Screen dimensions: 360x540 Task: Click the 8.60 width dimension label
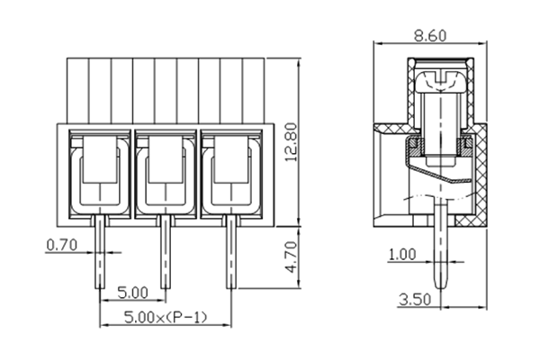click(x=433, y=34)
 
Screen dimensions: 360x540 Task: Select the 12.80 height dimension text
click(x=289, y=141)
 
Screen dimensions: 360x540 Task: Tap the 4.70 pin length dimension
click(x=289, y=256)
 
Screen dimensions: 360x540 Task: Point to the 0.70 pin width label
click(x=60, y=244)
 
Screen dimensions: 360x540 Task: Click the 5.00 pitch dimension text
click(x=133, y=293)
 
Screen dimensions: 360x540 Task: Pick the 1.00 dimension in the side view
click(x=402, y=255)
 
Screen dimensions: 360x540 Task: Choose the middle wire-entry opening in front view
click(x=164, y=171)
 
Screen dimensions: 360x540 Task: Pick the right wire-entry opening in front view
click(x=230, y=171)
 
